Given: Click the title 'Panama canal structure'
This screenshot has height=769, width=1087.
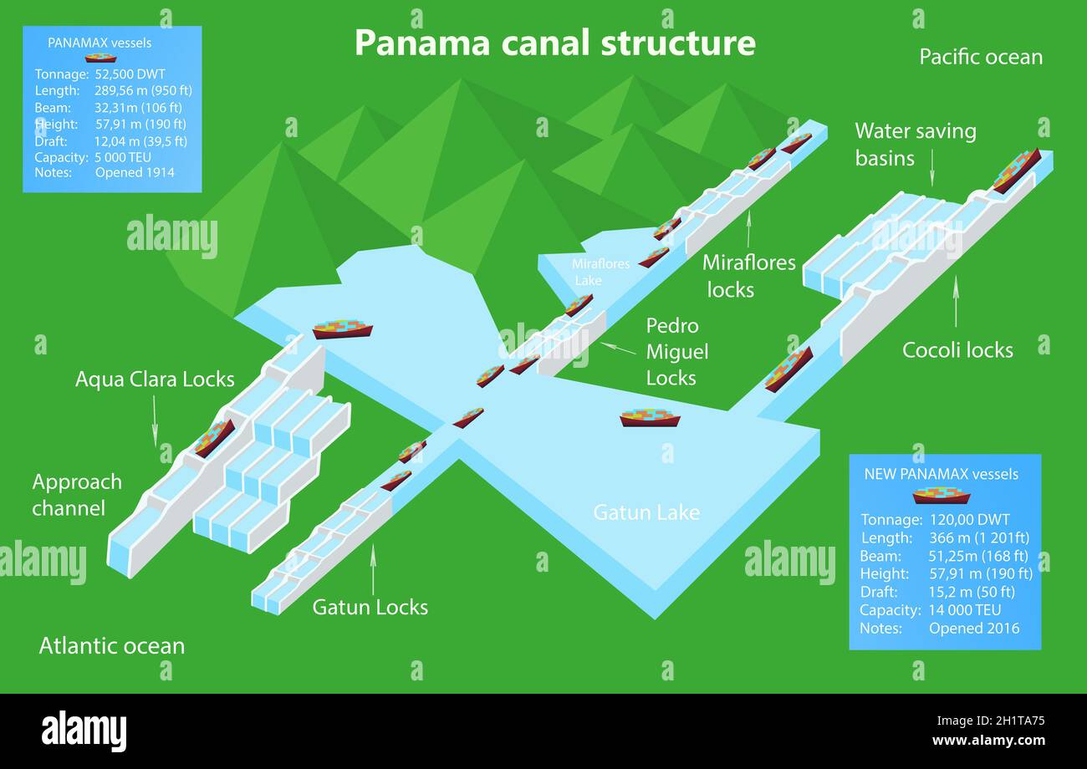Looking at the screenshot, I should [x=554, y=43].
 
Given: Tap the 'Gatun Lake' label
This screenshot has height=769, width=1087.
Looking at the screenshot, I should [x=646, y=512].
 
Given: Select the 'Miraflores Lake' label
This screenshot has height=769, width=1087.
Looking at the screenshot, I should [x=600, y=272].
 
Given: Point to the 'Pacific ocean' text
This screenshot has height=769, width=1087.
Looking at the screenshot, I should [x=980, y=57].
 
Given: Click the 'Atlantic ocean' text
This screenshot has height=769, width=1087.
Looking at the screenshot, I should [x=112, y=645].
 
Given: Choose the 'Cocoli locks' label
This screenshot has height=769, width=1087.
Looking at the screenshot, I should [x=957, y=349].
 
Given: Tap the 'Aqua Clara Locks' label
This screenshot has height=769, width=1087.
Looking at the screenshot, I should [x=155, y=379].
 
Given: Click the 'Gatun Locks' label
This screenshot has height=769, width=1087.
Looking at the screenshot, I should [x=370, y=607].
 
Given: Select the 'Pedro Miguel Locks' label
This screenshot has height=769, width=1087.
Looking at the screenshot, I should [x=676, y=351].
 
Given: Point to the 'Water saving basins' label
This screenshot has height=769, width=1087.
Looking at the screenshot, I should [x=915, y=144].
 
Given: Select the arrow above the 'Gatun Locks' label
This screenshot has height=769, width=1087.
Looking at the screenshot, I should [x=373, y=568].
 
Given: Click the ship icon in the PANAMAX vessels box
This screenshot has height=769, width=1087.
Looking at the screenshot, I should [x=100, y=58].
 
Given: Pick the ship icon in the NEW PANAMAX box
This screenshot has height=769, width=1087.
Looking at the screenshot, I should [x=941, y=496].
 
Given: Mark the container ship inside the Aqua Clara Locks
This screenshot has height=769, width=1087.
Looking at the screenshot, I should [x=214, y=437].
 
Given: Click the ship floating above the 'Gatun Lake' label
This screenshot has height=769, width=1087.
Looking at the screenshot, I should [x=650, y=417].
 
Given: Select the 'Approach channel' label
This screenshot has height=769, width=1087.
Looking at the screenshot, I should [x=77, y=495].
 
